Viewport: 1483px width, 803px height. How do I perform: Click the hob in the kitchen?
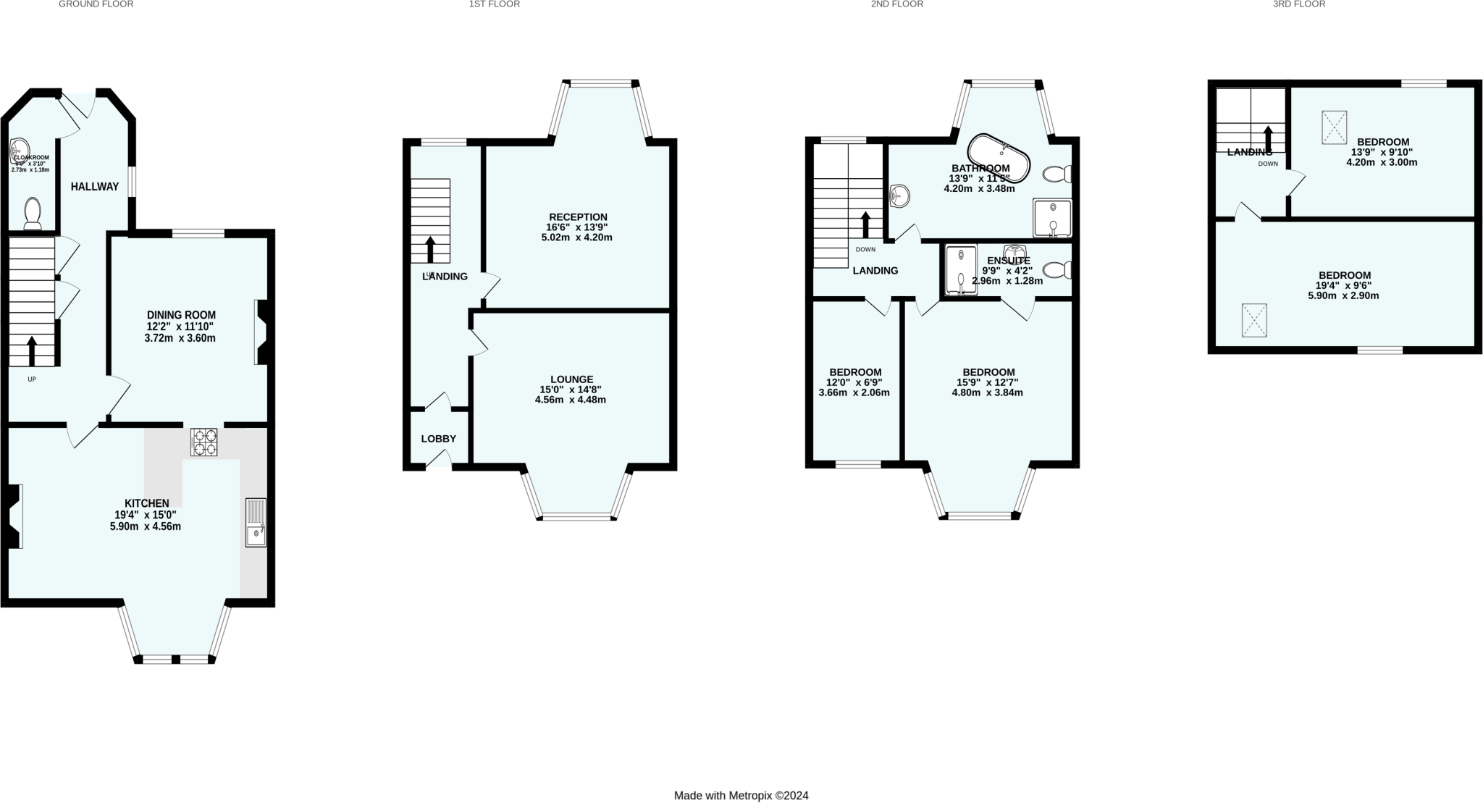(203, 442)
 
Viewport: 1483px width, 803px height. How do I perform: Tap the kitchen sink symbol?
(256, 522)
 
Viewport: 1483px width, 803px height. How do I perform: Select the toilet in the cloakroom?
(33, 214)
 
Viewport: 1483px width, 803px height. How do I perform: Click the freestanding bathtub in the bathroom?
(999, 157)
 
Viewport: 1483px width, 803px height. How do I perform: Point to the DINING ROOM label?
(181, 315)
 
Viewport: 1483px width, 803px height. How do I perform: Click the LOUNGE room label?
(571, 379)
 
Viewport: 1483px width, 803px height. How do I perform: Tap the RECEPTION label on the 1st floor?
(578, 216)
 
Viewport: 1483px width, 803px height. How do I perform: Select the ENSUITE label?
(1008, 261)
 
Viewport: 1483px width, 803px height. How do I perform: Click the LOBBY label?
(438, 439)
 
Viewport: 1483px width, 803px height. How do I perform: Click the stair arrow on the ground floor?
(32, 351)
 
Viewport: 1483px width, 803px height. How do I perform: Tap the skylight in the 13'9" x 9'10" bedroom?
(1334, 127)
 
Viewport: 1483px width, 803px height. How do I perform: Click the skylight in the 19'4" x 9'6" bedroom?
(1254, 320)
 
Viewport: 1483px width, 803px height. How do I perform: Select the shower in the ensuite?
(961, 271)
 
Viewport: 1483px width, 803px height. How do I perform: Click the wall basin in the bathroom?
(899, 196)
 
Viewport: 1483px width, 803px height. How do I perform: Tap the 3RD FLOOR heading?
(1299, 4)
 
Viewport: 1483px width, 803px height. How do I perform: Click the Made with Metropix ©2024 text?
(741, 795)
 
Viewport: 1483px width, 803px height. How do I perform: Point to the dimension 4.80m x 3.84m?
(987, 392)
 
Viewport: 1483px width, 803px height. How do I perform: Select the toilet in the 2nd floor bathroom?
(1058, 174)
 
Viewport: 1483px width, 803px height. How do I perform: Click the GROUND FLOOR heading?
(96, 4)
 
